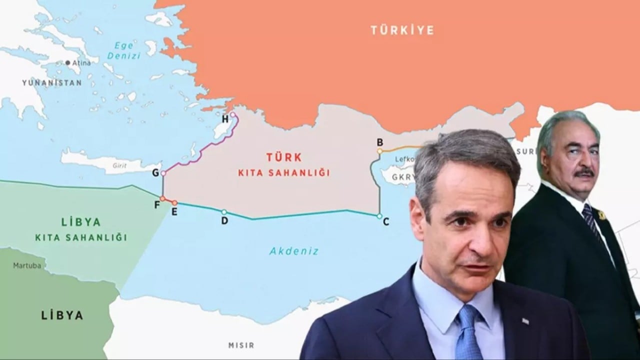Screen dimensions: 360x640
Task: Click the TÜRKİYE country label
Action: coord(402,30)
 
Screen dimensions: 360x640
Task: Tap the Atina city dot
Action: coord(68,63)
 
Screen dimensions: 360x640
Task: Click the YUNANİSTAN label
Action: coord(51,83)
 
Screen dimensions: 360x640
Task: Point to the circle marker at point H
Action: coord(232,114)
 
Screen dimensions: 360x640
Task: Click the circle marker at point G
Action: coord(163,173)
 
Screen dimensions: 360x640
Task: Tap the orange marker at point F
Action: coord(162,198)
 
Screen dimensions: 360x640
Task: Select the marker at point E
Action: coord(174,202)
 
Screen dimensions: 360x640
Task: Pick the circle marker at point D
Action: coord(224,212)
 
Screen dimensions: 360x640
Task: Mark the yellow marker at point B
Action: coord(380,150)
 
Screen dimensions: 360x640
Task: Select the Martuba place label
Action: coord(27,265)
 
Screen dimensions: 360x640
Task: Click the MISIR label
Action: coord(241,345)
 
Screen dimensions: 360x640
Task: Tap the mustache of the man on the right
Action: coord(584,173)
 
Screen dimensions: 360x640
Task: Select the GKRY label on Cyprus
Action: coord(403,177)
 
